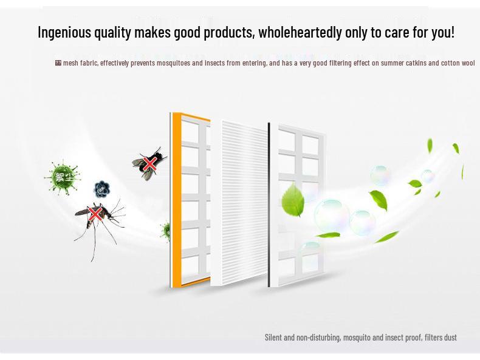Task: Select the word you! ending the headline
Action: coord(442,32)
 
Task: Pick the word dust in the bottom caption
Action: coord(450,338)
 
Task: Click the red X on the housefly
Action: coord(149,164)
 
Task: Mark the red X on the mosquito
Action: coord(95,214)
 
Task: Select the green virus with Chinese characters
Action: coord(63,177)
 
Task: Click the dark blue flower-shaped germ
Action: coord(102,190)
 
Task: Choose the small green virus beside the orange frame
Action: coord(165,231)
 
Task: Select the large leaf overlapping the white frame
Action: coord(293,200)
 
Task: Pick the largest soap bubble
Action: coord(331,216)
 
